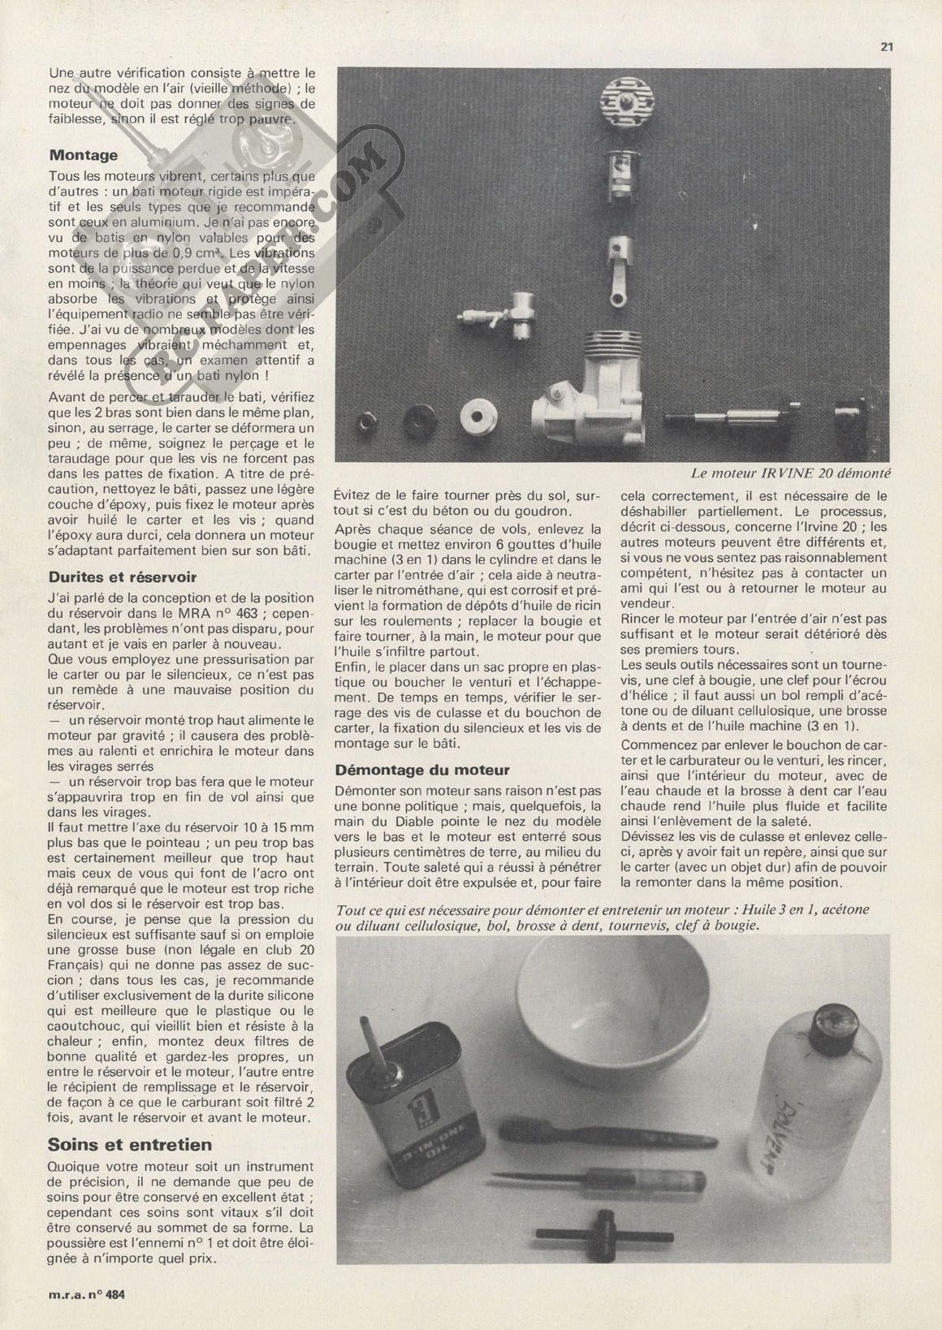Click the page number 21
(x=887, y=47)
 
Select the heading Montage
(x=83, y=155)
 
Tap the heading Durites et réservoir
(x=123, y=577)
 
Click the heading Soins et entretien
(x=130, y=1145)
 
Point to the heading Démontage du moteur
(x=422, y=770)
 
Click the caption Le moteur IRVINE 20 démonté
(x=792, y=472)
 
